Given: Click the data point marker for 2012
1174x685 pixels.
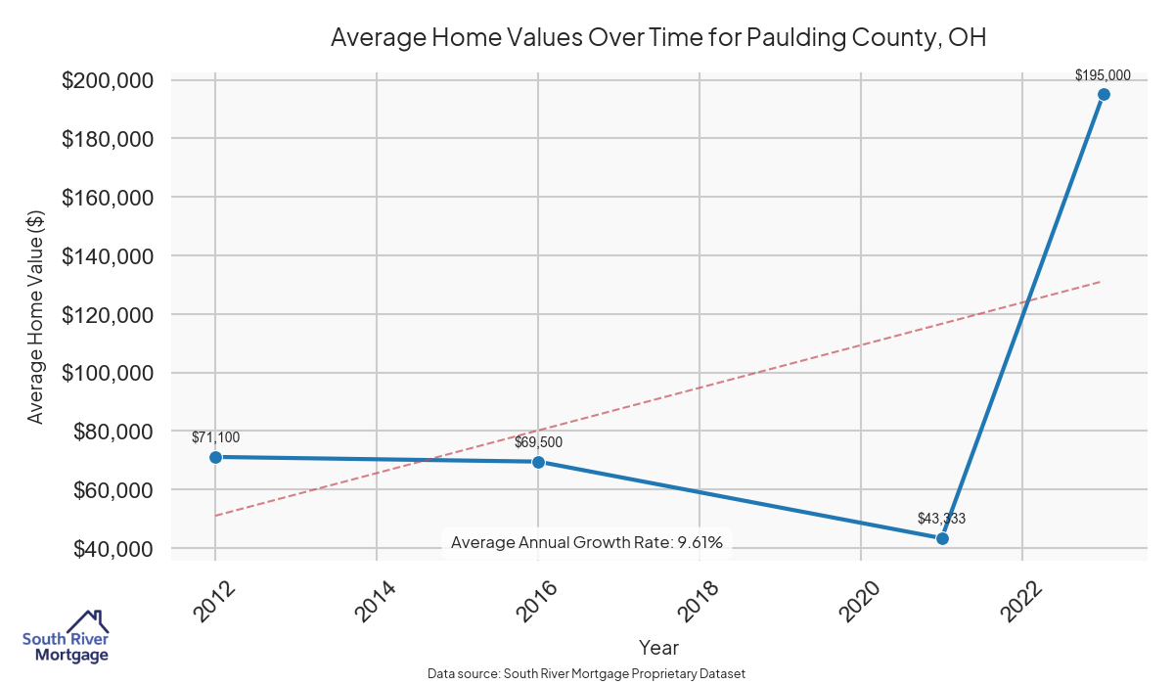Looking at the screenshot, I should point(215,457).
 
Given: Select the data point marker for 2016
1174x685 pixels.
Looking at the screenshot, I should point(538,462).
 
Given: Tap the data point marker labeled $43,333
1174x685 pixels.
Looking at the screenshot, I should point(942,538).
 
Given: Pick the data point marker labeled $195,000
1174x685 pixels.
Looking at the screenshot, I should point(1104,94).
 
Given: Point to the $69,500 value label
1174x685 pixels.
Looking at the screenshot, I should point(538,442).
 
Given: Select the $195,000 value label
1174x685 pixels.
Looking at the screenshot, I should point(1103,74).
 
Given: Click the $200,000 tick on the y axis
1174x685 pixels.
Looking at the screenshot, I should point(108,80).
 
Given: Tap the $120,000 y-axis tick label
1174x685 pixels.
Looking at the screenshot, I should point(108,314).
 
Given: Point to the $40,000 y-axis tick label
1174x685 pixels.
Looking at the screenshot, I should point(113,549).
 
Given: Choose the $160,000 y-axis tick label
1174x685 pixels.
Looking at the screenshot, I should point(108,198).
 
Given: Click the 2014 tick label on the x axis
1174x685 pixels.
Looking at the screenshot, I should point(376,600).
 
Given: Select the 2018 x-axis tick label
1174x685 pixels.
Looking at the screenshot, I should point(699,600).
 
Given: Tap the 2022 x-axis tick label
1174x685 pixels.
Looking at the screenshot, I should point(1021,600).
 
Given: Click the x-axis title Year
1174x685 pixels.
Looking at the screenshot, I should point(658,648).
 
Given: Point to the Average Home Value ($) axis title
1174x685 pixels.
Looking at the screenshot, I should point(35,315).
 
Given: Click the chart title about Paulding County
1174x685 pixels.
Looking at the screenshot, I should point(658,38).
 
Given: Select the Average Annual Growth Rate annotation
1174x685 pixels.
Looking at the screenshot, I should point(587,542).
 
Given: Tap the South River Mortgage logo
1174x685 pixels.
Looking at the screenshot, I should point(66,637).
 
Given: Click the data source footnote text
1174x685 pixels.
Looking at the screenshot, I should point(587,674).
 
